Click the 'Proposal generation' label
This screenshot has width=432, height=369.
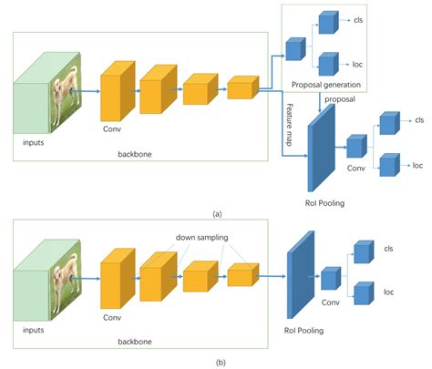(325, 85)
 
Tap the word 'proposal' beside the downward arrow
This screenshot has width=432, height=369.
(341, 98)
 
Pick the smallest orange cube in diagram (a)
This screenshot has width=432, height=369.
(242, 88)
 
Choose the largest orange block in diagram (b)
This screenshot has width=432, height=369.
(115, 275)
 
